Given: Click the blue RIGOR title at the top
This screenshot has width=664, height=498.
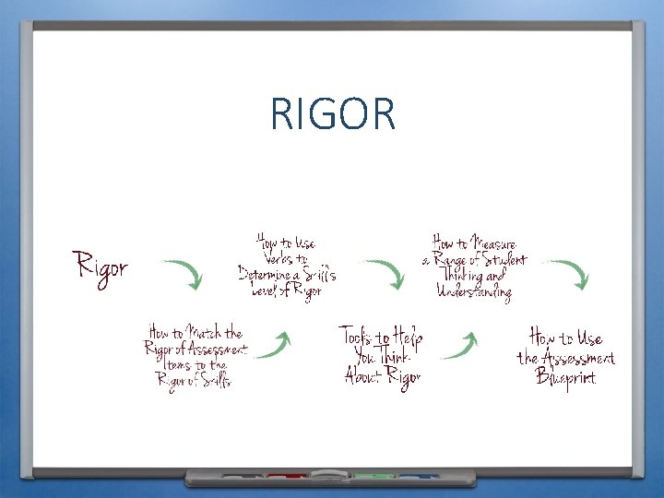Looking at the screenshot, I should [x=333, y=114].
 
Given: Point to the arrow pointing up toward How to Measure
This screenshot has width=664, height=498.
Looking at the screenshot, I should [x=460, y=345].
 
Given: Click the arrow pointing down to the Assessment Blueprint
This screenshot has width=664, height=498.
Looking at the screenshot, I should [x=570, y=274].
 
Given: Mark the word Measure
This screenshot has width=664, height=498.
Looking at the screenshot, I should [x=493, y=243].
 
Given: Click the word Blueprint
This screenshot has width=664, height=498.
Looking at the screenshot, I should [x=566, y=377].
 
